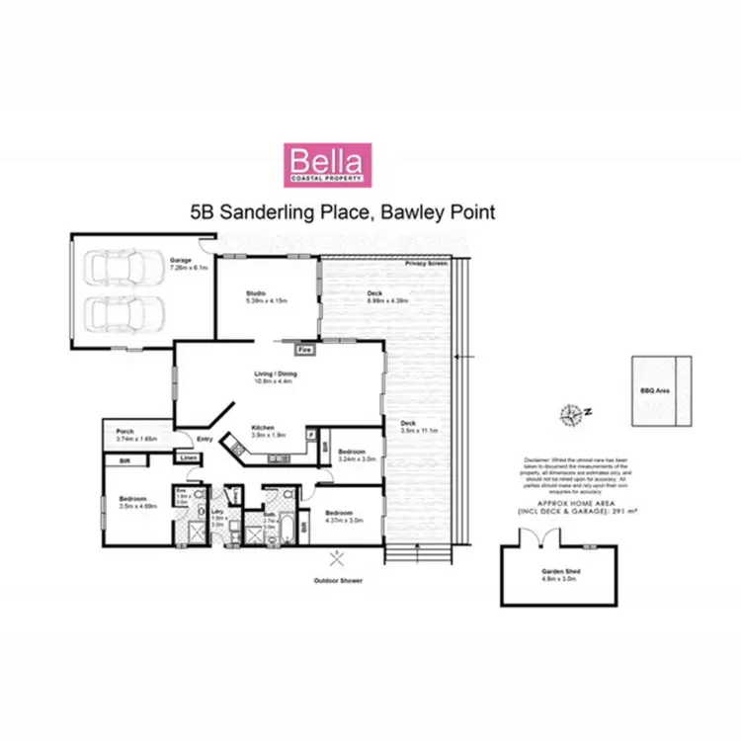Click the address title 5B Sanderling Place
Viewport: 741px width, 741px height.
[x=341, y=211]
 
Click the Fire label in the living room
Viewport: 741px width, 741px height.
[x=306, y=350]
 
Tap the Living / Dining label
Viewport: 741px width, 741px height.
[x=276, y=373]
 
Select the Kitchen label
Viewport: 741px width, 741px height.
[x=262, y=427]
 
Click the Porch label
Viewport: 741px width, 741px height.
[x=125, y=431]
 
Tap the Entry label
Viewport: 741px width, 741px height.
[x=205, y=440]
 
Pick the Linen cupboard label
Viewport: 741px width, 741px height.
[x=188, y=456]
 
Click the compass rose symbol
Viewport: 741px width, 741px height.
[x=570, y=413]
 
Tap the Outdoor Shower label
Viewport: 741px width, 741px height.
[x=336, y=580]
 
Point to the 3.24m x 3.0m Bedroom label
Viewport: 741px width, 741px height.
[x=352, y=453]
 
